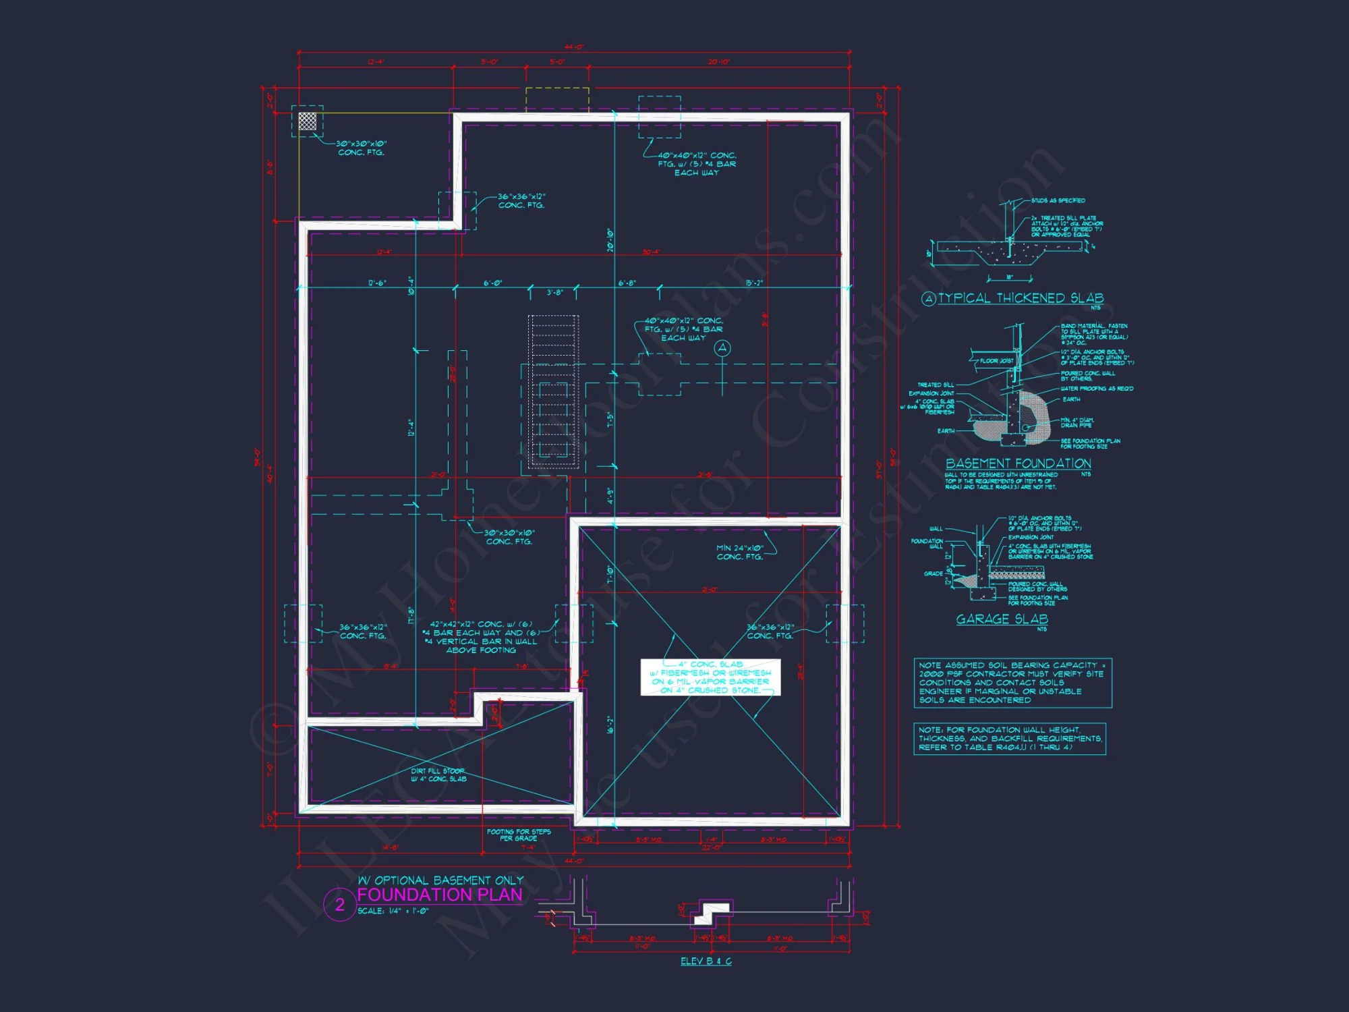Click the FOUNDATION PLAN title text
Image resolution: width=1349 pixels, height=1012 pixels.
pyautogui.click(x=440, y=895)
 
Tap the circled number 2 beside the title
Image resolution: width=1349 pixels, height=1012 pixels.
pyautogui.click(x=340, y=905)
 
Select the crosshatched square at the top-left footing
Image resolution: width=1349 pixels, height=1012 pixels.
pyautogui.click(x=308, y=121)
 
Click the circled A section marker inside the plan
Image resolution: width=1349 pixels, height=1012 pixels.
pyautogui.click(x=722, y=348)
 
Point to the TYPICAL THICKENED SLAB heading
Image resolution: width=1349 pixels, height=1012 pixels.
pyautogui.click(x=1021, y=298)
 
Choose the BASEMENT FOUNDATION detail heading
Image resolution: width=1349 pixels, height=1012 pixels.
pyautogui.click(x=1018, y=463)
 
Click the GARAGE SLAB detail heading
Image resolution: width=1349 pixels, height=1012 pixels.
pyautogui.click(x=1002, y=619)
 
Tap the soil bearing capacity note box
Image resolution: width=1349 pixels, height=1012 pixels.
pyautogui.click(x=1012, y=683)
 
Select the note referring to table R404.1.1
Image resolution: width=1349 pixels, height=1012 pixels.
pyautogui.click(x=1010, y=739)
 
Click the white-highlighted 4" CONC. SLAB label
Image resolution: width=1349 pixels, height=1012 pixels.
pyautogui.click(x=710, y=677)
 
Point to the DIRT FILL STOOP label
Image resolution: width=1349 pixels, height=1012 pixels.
pyautogui.click(x=438, y=775)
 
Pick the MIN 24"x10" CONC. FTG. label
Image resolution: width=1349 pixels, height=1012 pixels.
pyautogui.click(x=739, y=553)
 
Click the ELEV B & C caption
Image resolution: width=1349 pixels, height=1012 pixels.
pyautogui.click(x=706, y=961)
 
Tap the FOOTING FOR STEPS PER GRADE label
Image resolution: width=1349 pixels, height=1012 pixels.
pyautogui.click(x=519, y=835)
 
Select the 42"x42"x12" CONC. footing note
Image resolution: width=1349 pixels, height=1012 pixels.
pyautogui.click(x=481, y=637)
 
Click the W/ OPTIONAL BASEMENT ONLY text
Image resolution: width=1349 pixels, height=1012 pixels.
pyautogui.click(x=440, y=880)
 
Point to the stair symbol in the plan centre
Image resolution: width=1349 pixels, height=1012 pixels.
pyautogui.click(x=553, y=391)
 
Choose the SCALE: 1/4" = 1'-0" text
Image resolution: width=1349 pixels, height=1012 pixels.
pyautogui.click(x=393, y=911)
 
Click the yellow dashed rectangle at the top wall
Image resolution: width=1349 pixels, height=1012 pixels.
pyautogui.click(x=557, y=99)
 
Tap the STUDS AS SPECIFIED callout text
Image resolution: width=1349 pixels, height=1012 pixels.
pyautogui.click(x=1058, y=200)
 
